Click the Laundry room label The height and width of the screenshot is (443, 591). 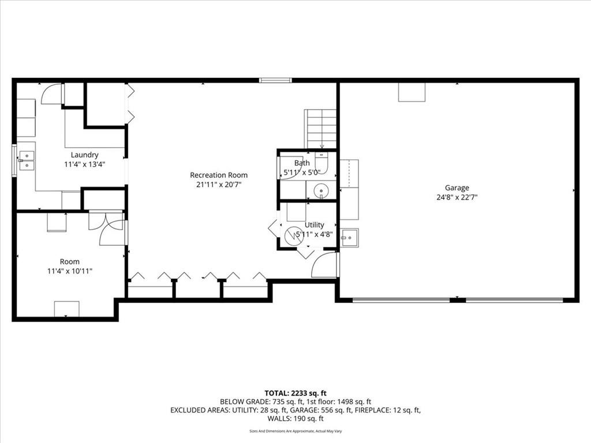pyautogui.click(x=84, y=155)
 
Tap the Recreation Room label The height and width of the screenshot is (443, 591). pyautogui.click(x=219, y=175)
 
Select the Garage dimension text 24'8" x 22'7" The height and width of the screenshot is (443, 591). pyautogui.click(x=457, y=197)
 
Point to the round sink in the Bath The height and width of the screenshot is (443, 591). pyautogui.click(x=321, y=190)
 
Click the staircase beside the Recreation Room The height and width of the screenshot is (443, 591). pyautogui.click(x=320, y=129)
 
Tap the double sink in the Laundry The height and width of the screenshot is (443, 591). pyautogui.click(x=26, y=160)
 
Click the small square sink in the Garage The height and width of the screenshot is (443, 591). pyautogui.click(x=349, y=238)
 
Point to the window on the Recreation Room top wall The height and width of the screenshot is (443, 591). pyautogui.click(x=275, y=80)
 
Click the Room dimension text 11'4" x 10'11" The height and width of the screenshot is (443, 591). pyautogui.click(x=70, y=271)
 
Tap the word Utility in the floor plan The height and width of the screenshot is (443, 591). pyautogui.click(x=315, y=225)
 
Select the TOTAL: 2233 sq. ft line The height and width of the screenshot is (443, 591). pyautogui.click(x=295, y=393)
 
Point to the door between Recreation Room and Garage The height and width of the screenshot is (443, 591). pyautogui.click(x=325, y=265)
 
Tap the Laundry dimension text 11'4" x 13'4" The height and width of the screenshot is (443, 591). pyautogui.click(x=84, y=164)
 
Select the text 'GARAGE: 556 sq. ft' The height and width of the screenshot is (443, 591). pyautogui.click(x=321, y=410)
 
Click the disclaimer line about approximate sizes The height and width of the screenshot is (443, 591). pyautogui.click(x=295, y=431)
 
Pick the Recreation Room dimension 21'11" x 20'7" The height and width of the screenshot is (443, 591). pyautogui.click(x=219, y=185)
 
